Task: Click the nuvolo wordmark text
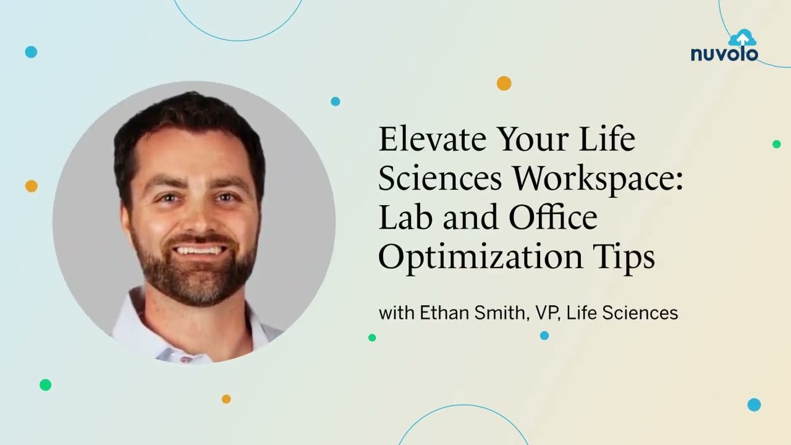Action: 724,54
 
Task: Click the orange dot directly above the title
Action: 504,83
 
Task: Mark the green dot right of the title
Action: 776,144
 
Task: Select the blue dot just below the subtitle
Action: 544,336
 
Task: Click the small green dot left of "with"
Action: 372,337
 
